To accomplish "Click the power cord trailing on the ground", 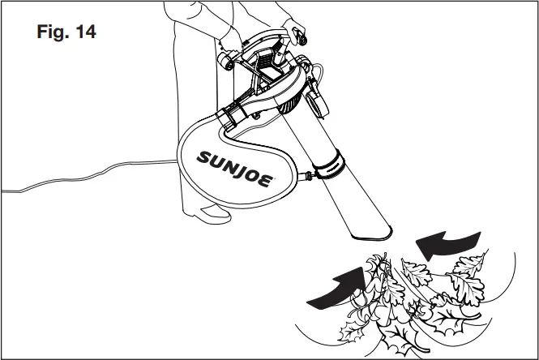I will point(81,182).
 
